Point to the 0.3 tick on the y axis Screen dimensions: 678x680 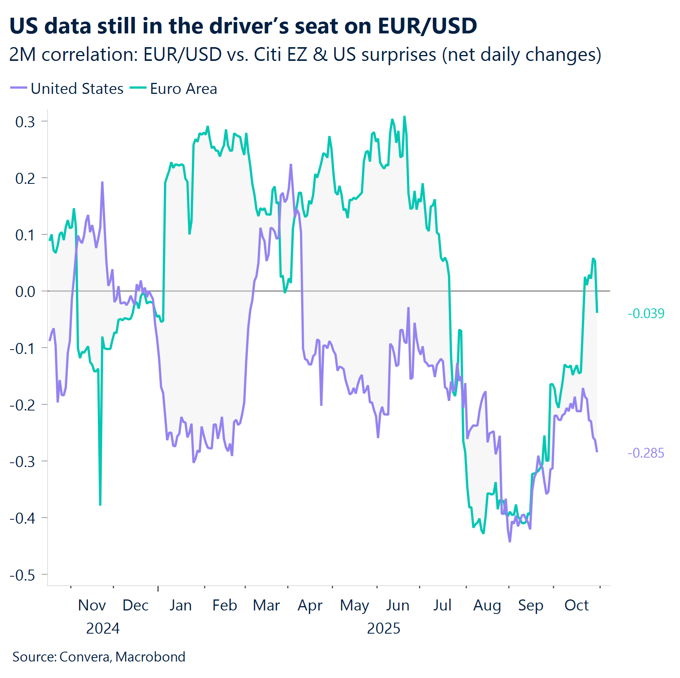pos(25,122)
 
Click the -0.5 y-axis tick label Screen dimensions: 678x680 pos(23,575)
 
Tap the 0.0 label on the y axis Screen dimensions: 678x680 pos(25,291)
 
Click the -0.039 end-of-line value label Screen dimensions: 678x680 pos(646,313)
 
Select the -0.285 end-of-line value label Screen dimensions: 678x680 pos(646,453)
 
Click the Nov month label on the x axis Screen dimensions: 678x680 pos(92,605)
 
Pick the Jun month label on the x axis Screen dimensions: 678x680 pos(397,605)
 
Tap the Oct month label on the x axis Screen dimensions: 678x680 pos(576,605)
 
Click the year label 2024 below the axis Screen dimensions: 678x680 pos(103,629)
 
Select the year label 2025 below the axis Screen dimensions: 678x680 pos(383,629)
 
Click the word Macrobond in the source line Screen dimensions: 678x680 pos(151,657)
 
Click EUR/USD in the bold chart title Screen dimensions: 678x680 pos(427,26)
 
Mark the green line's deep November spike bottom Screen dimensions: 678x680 pos(100,505)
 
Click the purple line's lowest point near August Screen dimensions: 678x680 pos(510,542)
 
